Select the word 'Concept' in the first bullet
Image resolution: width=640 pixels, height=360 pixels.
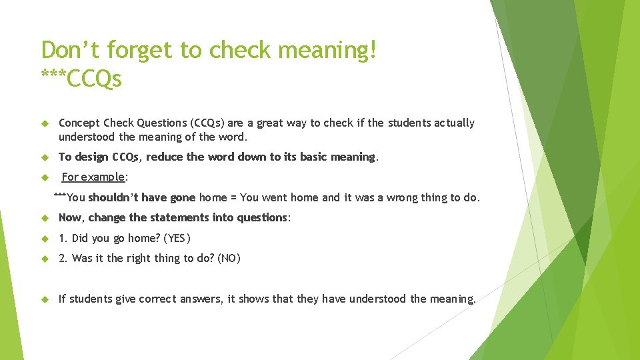coord(79,123)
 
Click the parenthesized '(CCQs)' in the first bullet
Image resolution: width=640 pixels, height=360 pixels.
coord(207,123)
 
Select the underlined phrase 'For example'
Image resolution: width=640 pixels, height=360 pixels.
coord(93,177)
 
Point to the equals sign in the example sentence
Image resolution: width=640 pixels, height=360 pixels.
coord(233,197)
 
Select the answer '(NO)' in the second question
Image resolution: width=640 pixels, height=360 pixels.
coord(229,259)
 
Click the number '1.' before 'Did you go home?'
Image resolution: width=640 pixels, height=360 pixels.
coord(63,239)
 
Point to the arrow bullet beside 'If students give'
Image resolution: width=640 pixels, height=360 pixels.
coord(45,299)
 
